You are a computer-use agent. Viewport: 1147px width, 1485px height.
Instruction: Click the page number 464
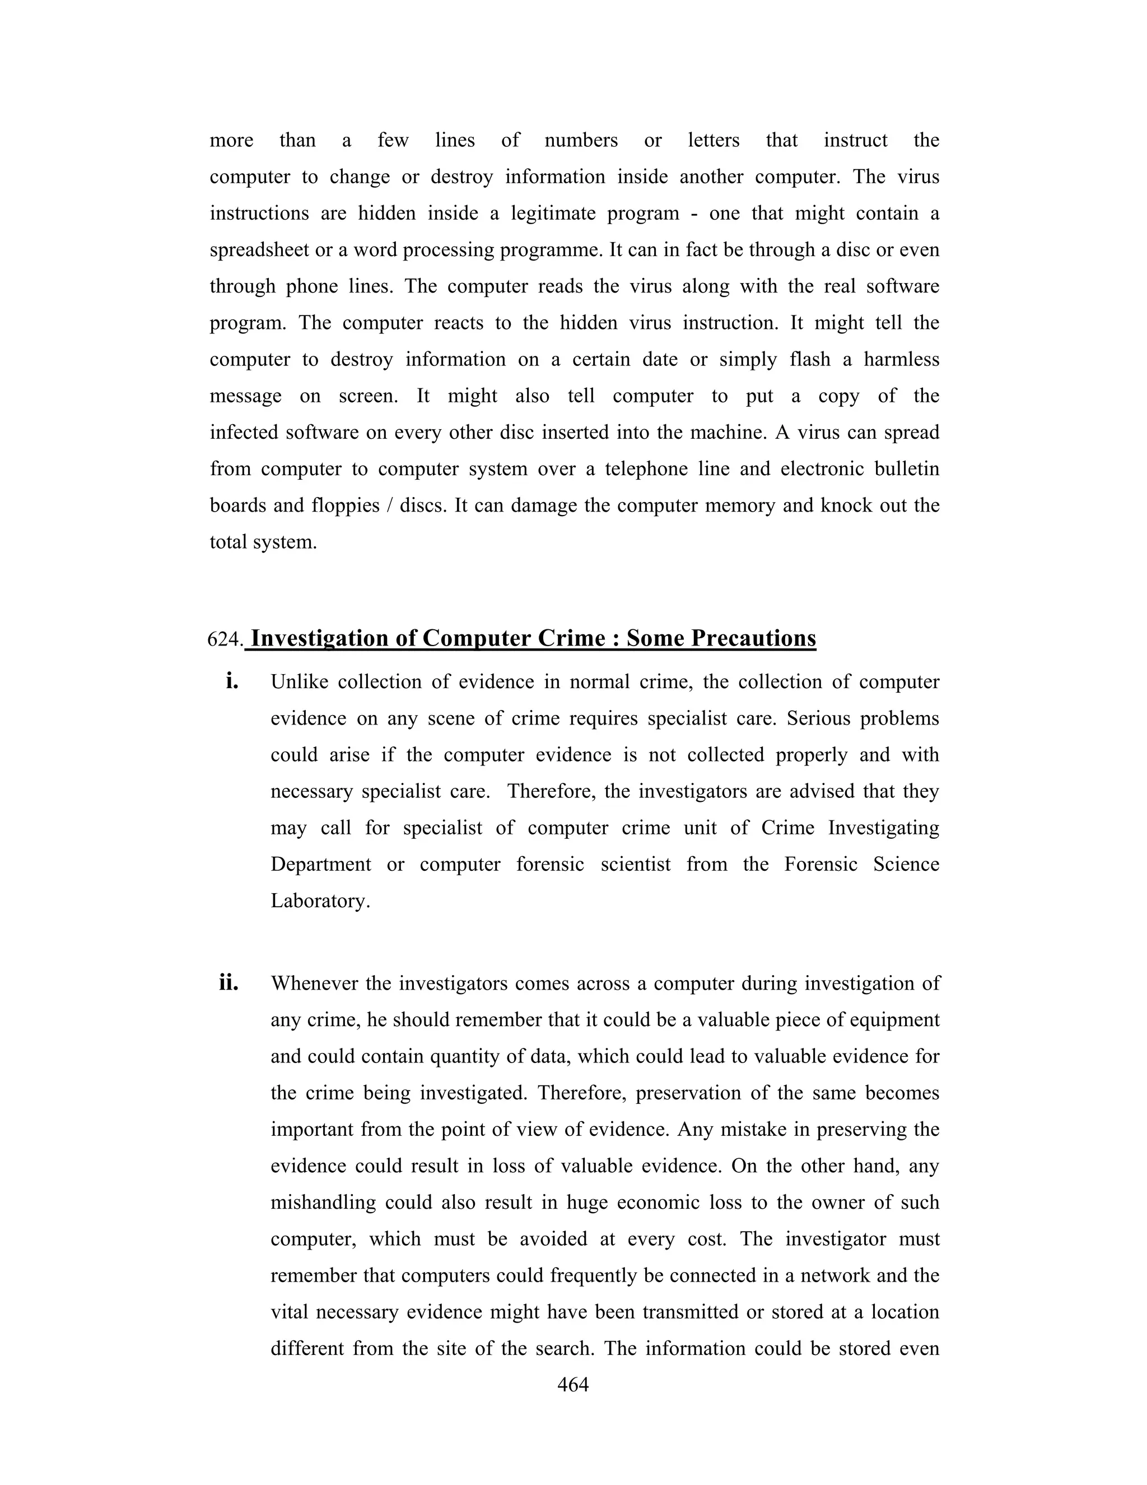pos(573,1385)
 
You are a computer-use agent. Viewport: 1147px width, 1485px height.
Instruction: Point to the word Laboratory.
pos(320,901)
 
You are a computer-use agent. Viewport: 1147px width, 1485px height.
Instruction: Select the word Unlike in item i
pos(299,682)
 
